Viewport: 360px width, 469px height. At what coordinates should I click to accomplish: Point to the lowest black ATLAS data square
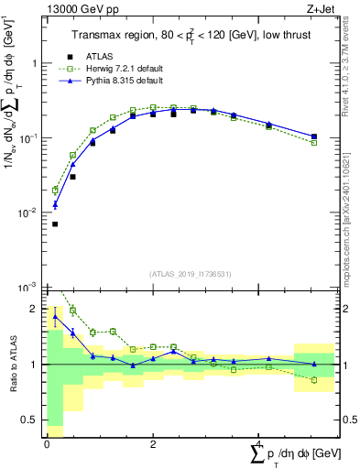(x=55, y=224)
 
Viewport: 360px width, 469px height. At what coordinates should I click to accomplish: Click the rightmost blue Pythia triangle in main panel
(x=314, y=136)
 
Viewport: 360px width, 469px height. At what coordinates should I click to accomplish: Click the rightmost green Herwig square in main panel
(x=314, y=143)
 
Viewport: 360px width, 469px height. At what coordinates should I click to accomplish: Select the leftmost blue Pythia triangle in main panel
(x=55, y=204)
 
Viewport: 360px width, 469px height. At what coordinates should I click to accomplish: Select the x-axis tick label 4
(x=257, y=444)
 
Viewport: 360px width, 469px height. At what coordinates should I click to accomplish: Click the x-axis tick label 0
(x=48, y=444)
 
